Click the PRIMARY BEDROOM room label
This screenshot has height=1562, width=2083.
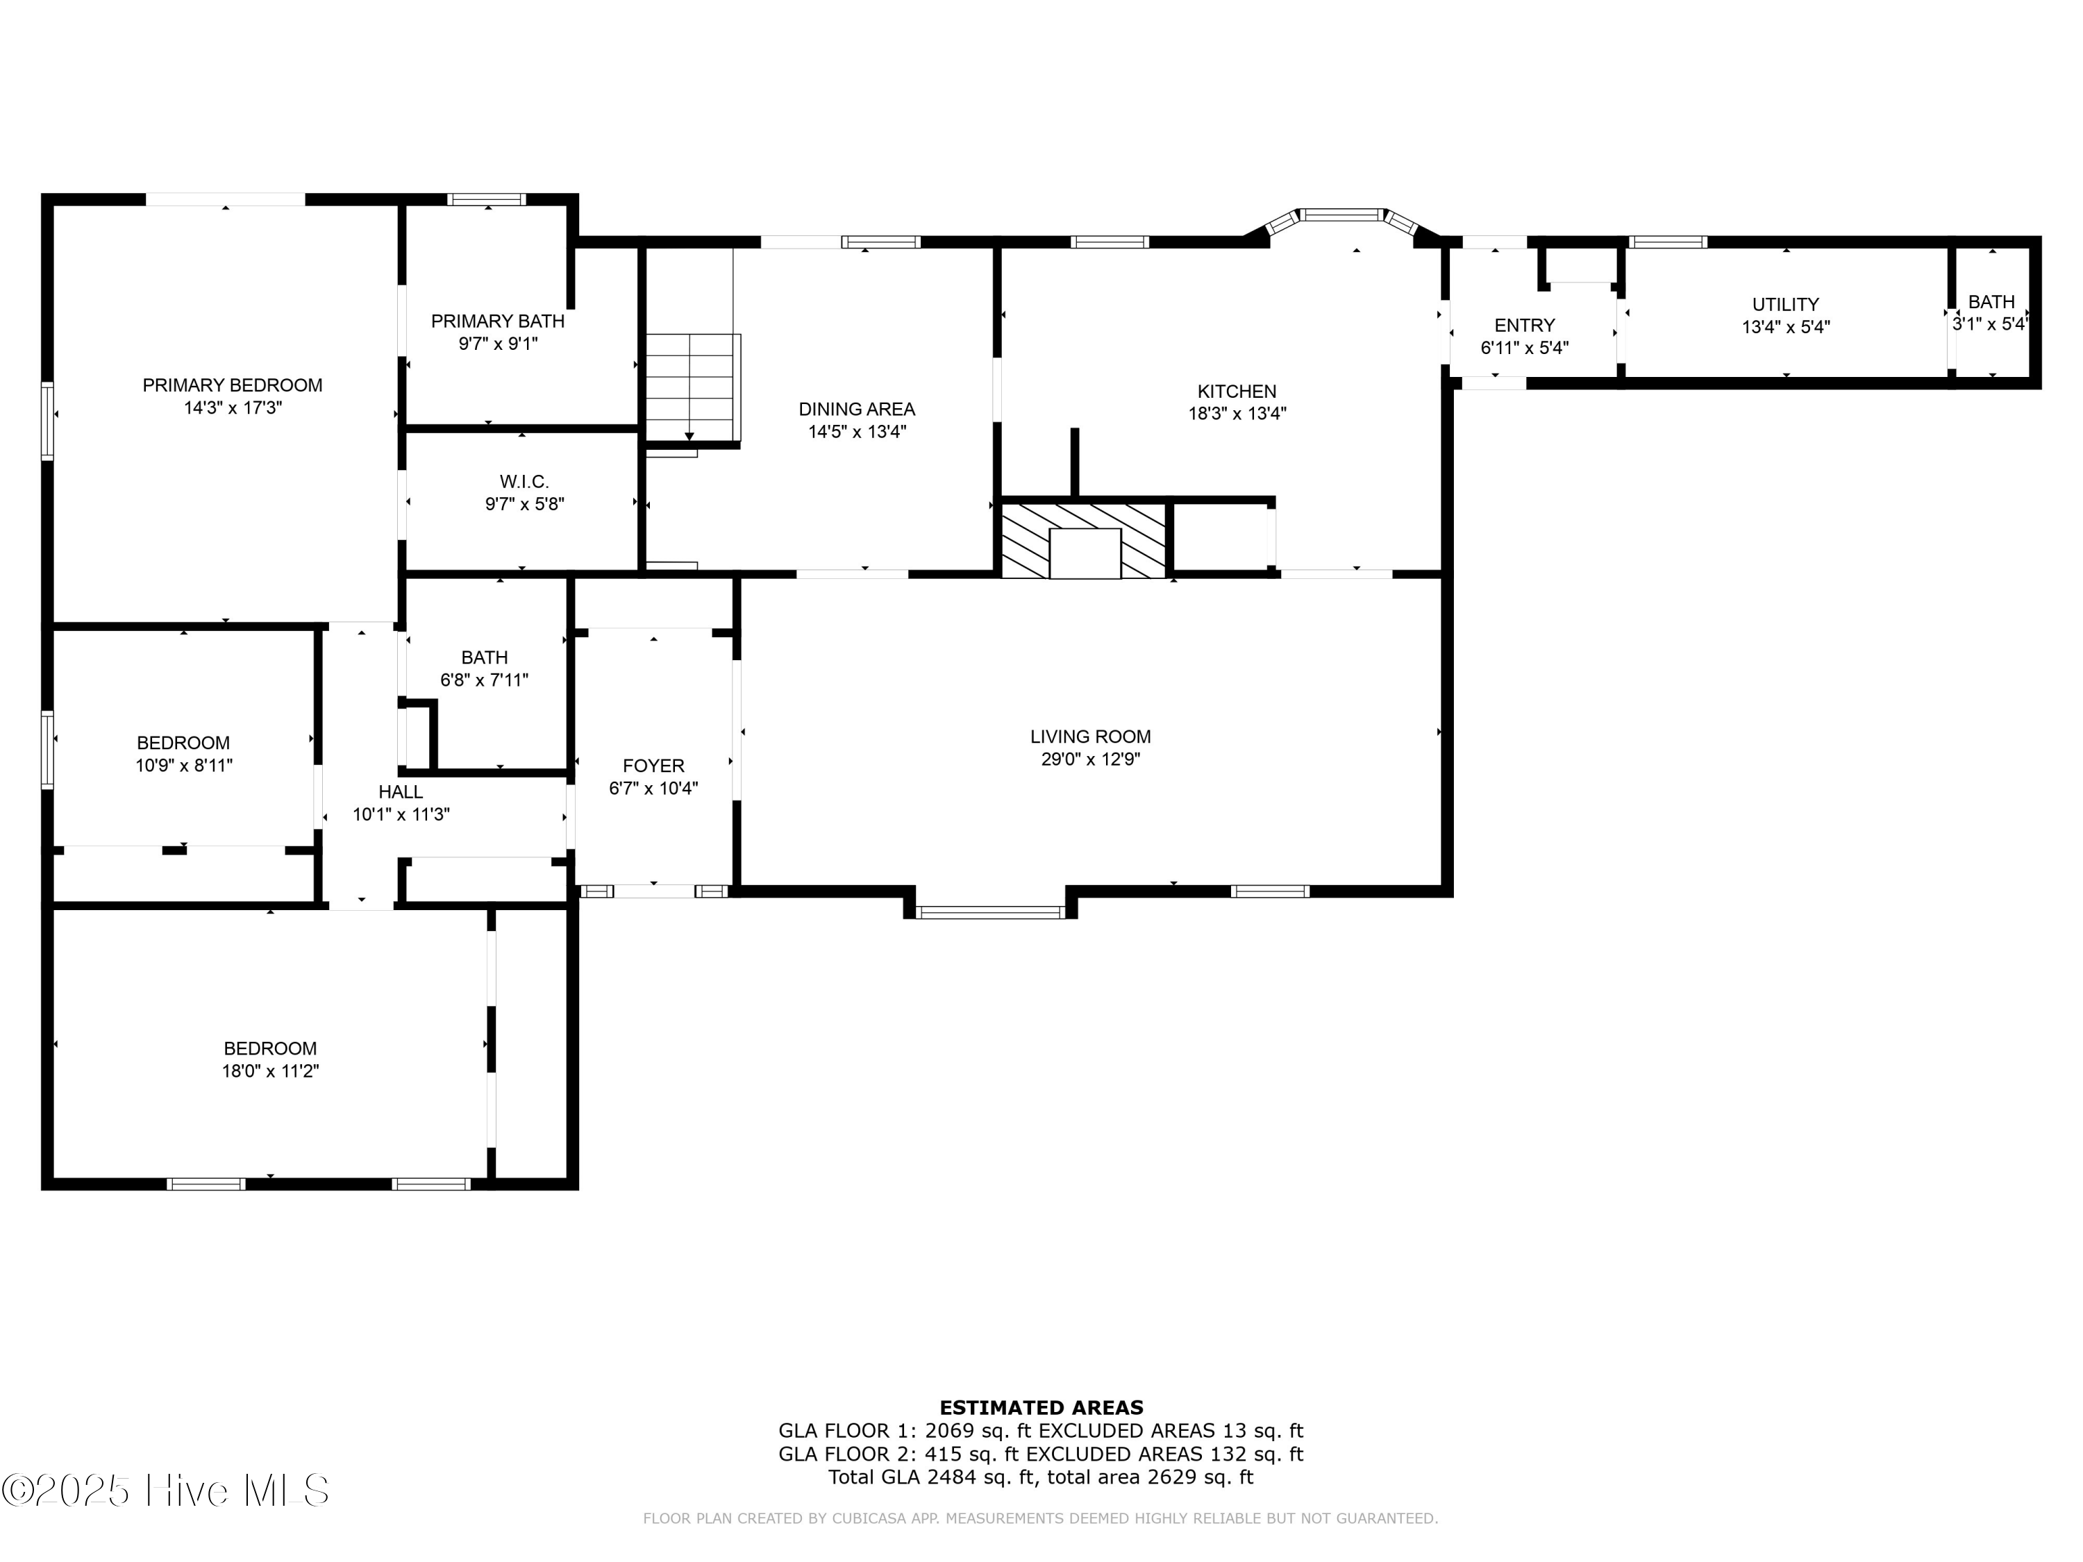(232, 385)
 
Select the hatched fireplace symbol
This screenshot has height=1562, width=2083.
(1084, 540)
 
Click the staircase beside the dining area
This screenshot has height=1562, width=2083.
(691, 386)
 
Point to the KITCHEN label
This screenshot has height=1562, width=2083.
(1237, 391)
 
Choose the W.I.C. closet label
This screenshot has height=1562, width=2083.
(524, 481)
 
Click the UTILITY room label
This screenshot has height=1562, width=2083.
(1784, 304)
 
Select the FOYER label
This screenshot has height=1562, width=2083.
(653, 766)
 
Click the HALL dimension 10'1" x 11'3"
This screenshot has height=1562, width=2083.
(401, 814)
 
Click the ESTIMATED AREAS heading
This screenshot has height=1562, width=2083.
(1041, 1408)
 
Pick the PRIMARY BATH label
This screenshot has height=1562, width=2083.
(497, 321)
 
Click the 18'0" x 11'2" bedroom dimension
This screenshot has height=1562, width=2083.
(270, 1071)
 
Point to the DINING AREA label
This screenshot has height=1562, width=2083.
(856, 409)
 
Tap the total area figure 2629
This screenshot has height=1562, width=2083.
(1171, 1477)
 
